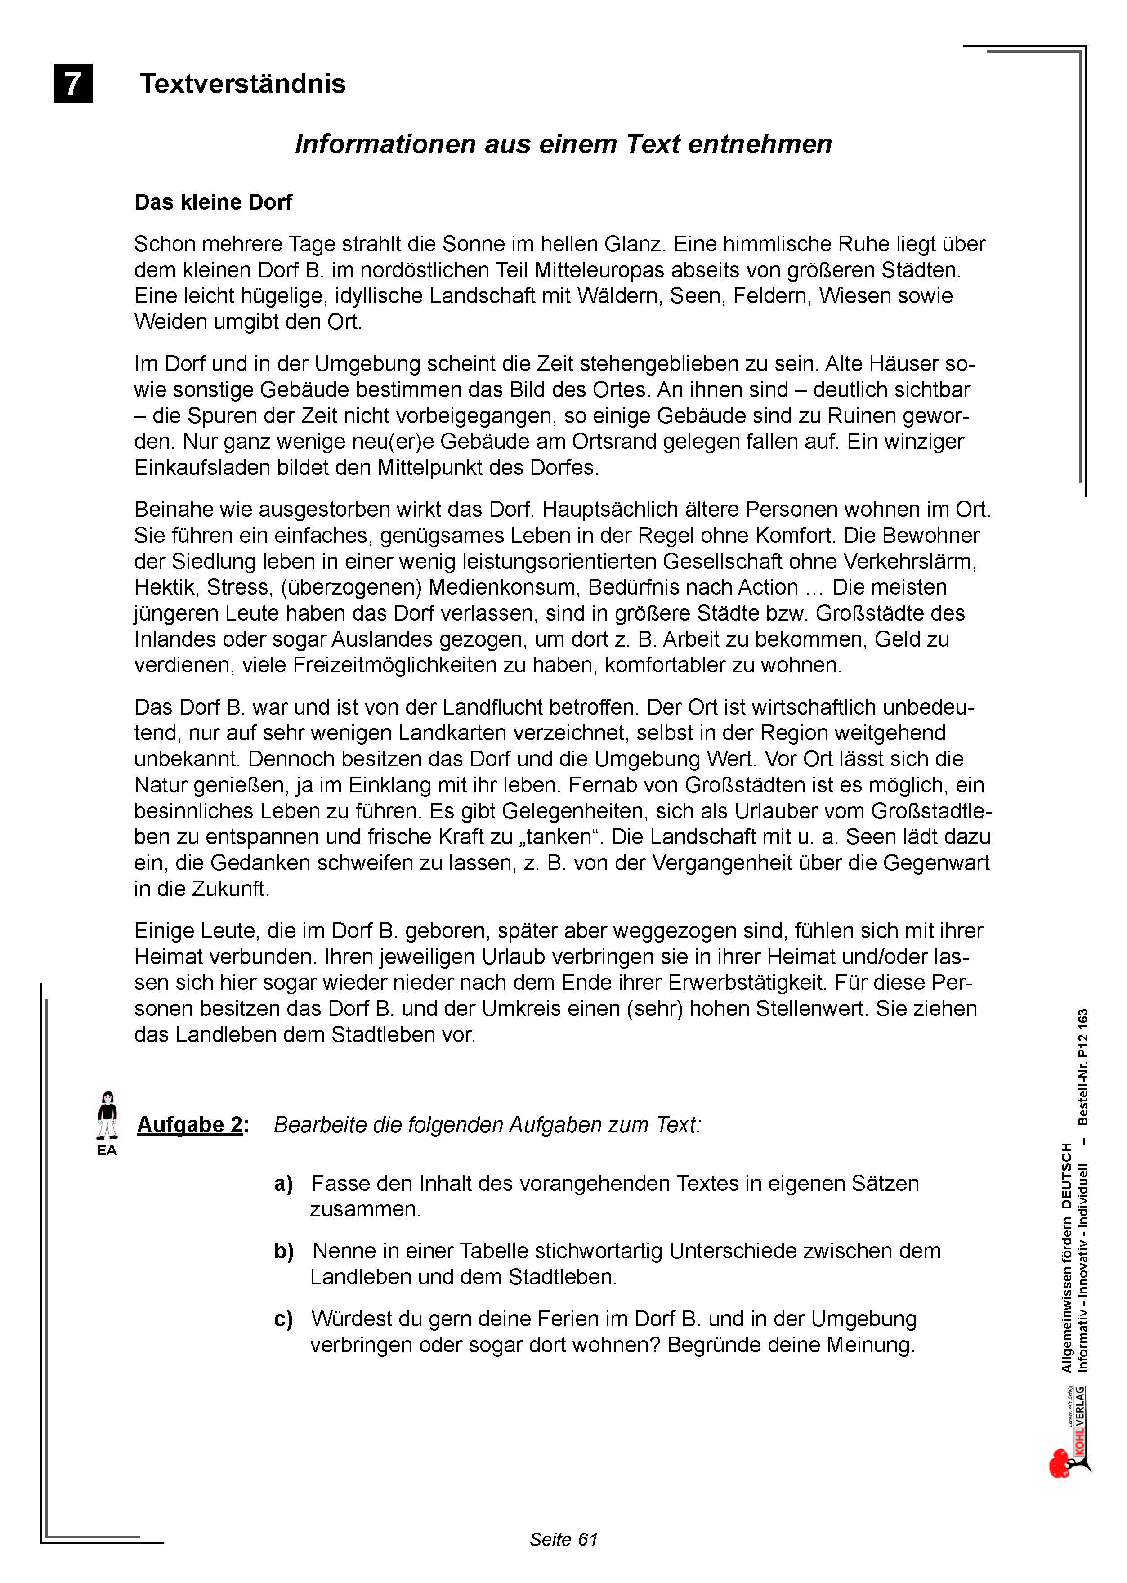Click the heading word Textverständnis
(x=243, y=84)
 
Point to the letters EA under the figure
(x=107, y=1150)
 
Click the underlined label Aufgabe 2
(x=190, y=1124)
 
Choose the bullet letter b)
(x=284, y=1251)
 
